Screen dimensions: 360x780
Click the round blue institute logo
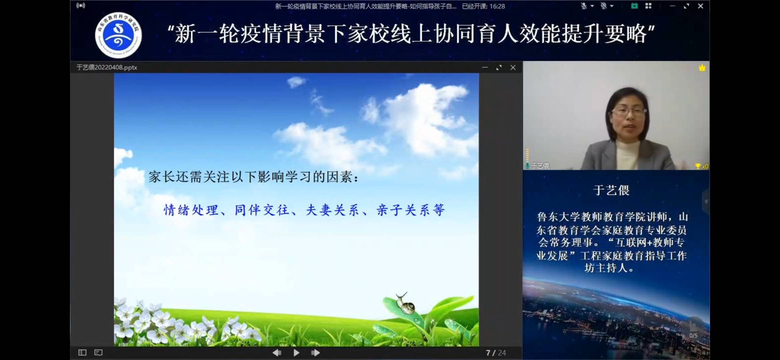coord(118,35)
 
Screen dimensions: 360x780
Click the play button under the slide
coord(296,353)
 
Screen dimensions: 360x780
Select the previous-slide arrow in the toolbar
coord(277,353)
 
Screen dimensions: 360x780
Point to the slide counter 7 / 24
coord(496,353)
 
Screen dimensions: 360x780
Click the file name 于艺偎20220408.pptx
coord(107,67)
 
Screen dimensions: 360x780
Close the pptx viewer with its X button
coord(513,68)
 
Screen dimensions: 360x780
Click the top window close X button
coord(700,6)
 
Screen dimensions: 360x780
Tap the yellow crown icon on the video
coord(702,68)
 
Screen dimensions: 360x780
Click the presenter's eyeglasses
coord(629,111)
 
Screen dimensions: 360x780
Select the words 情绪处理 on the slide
coord(191,210)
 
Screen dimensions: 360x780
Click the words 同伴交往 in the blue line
coord(262,210)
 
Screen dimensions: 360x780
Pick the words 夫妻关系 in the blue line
coord(332,210)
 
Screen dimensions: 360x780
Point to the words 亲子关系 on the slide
coord(403,210)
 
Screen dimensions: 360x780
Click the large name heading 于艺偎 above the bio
coord(611,190)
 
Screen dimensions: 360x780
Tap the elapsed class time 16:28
coord(497,6)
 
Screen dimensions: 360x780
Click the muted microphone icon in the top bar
coord(584,6)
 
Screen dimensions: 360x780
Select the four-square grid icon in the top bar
coord(648,6)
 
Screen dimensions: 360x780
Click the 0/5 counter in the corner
coord(693,336)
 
